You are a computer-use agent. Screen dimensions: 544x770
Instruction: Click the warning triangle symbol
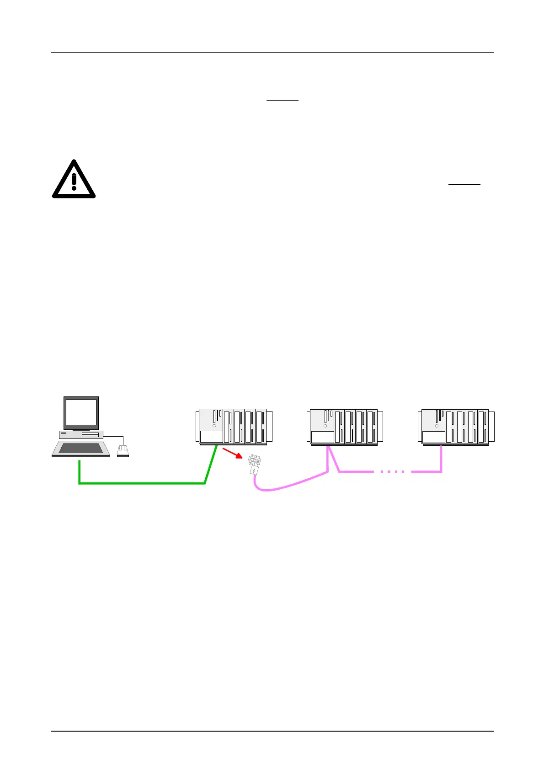(x=74, y=180)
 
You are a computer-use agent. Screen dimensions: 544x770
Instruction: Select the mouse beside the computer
(x=123, y=451)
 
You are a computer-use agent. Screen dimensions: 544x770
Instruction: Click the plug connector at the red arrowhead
(x=254, y=463)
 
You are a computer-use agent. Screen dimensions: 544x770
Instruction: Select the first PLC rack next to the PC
(x=234, y=427)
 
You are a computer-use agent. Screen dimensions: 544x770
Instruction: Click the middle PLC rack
(x=345, y=427)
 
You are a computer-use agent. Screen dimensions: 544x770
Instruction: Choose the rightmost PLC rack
(x=456, y=427)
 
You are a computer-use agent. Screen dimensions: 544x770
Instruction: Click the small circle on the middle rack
(x=325, y=426)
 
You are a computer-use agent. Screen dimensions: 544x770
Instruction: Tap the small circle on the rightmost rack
(x=437, y=426)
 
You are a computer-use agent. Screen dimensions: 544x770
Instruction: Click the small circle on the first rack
(x=214, y=426)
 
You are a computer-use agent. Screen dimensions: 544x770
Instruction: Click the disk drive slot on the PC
(x=90, y=434)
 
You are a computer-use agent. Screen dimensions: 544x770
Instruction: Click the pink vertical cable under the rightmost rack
(x=441, y=459)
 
